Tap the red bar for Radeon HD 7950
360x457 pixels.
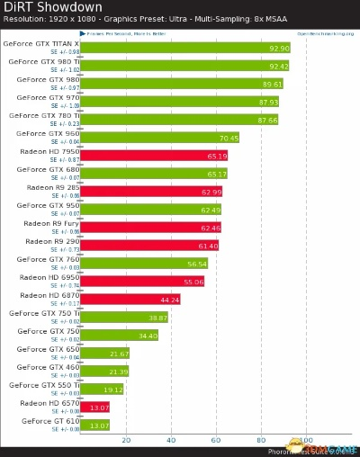coord(154,156)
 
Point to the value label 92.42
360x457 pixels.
coord(278,66)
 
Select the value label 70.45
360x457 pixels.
coord(229,138)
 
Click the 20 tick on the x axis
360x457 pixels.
coord(126,440)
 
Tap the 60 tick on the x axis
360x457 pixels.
coord(216,440)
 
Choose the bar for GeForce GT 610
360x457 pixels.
coord(95,425)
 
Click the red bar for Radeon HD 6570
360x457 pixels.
coord(95,407)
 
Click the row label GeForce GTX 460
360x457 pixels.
coord(49,367)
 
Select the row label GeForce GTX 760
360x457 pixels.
coord(49,259)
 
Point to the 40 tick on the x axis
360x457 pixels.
coord(171,440)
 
